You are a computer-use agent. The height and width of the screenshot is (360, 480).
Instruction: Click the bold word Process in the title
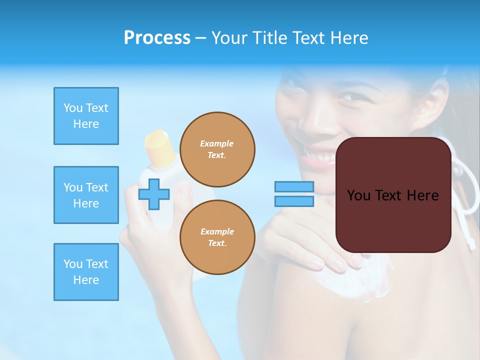point(157,38)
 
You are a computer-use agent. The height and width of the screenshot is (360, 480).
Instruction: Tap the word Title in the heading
point(268,38)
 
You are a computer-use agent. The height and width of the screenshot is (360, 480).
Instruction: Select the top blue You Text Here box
point(86,116)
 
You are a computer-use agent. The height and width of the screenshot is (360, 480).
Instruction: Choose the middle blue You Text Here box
point(86,195)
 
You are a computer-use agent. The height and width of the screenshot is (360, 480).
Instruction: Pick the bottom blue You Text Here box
point(86,272)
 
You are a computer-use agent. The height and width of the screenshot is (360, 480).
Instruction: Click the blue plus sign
point(153,194)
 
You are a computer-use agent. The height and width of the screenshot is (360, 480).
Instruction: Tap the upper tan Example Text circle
point(217,149)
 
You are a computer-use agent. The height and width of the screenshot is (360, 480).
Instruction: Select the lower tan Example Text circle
point(217,237)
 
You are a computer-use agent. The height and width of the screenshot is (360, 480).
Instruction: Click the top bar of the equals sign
point(294,186)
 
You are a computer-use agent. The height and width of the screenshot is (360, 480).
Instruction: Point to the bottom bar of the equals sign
point(294,201)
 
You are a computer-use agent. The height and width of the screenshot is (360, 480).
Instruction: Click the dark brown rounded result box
point(393,195)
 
